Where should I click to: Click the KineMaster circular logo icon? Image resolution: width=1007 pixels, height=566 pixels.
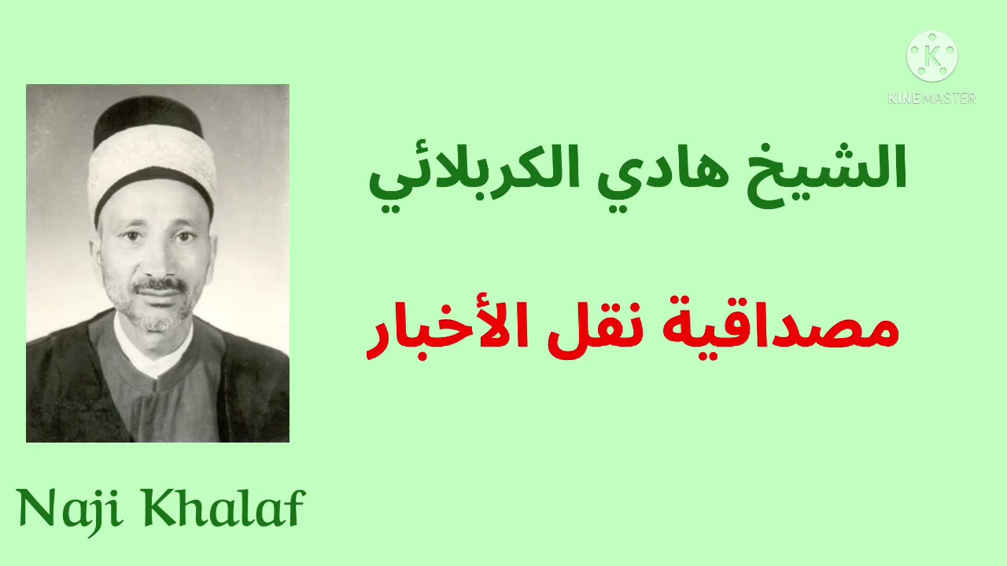932,57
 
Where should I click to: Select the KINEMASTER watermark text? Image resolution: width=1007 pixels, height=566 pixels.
932,98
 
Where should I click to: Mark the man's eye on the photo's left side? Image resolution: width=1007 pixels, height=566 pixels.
126,237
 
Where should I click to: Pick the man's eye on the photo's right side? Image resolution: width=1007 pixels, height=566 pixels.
183,235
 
